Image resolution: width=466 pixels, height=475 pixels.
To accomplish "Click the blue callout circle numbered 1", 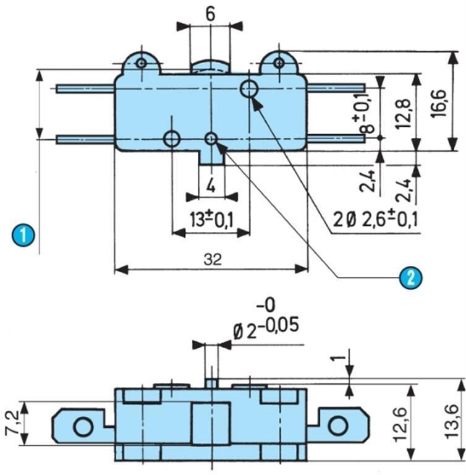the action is (x=23, y=235).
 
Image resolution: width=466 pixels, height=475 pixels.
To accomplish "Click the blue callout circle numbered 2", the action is (x=410, y=277).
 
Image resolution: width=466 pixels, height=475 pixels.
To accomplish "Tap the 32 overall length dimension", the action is (x=213, y=259).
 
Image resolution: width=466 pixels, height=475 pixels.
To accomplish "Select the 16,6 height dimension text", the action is (x=438, y=103).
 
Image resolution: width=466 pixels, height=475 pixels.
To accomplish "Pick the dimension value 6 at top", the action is (x=210, y=14).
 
